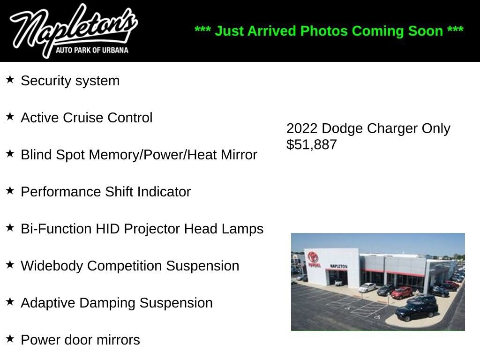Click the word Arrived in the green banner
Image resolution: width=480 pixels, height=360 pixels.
(x=271, y=31)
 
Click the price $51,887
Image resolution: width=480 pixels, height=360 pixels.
(x=312, y=144)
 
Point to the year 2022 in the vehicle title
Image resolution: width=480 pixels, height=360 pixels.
(x=302, y=128)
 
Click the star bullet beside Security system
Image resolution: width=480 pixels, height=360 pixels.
(x=10, y=80)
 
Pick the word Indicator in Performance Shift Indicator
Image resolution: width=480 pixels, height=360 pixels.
(x=164, y=192)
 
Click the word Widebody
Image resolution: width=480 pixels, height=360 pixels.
(x=52, y=266)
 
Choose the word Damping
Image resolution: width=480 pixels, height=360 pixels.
(x=106, y=303)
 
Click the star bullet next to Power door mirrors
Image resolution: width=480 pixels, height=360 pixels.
(x=10, y=338)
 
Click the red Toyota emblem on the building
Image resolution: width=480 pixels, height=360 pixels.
(x=313, y=257)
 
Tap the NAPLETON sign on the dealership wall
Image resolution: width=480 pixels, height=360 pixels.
(x=338, y=266)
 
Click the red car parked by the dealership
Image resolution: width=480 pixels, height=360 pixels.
(x=402, y=292)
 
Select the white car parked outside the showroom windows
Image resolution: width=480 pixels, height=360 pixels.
(x=367, y=287)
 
